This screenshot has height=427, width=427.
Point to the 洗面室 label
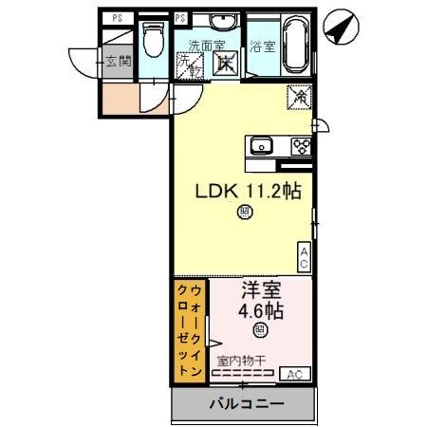tap(206, 45)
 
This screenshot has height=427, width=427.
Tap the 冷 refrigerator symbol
tap(298, 96)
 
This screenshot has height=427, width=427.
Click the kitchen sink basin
tap(260, 145)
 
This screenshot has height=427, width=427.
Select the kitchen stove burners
tap(302, 145)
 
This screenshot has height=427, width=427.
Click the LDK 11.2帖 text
tap(248, 192)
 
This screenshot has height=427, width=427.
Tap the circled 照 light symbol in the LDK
tap(244, 213)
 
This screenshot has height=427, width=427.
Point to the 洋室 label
tap(258, 290)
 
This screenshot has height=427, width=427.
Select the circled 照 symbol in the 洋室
tap(259, 330)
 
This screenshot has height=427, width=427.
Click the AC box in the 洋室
tap(294, 373)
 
